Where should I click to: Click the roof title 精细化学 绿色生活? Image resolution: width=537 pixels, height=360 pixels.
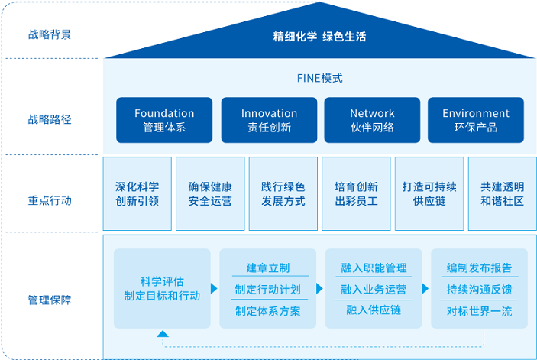[x=319, y=36]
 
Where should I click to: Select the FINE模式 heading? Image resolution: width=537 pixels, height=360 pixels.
[x=319, y=78]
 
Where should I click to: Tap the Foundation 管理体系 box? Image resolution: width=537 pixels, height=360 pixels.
[x=164, y=120]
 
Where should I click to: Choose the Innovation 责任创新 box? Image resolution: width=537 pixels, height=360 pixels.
[x=269, y=120]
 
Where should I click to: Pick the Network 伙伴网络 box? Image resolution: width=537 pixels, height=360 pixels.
[x=372, y=120]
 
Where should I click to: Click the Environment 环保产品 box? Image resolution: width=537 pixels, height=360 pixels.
[x=475, y=120]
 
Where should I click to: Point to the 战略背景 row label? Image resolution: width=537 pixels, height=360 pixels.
[x=50, y=34]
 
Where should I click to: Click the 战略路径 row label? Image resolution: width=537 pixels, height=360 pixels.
[x=50, y=119]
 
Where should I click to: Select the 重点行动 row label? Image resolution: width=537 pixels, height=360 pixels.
[x=50, y=200]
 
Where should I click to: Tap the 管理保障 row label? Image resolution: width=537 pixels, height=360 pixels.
[x=50, y=300]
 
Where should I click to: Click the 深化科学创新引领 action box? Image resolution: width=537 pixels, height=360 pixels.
[x=137, y=194]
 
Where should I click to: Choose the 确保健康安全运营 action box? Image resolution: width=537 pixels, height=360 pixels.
[x=210, y=194]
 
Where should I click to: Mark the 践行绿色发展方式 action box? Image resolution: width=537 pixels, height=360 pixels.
[x=283, y=194]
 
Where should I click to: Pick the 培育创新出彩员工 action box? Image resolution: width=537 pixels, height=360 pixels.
[x=356, y=194]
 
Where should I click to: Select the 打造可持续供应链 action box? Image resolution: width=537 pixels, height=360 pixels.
[x=429, y=194]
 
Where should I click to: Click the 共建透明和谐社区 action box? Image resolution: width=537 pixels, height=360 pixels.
[x=502, y=194]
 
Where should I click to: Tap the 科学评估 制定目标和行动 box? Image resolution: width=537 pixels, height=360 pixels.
[x=162, y=288]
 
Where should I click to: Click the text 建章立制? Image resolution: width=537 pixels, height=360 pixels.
[x=267, y=268]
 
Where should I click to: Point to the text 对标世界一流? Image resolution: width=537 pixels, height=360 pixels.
[x=479, y=310]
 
